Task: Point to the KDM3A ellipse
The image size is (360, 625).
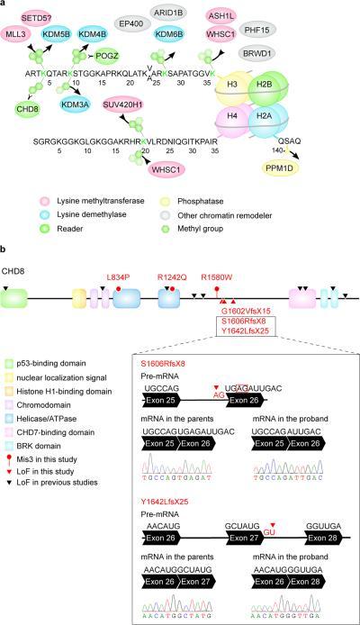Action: [x=76, y=104]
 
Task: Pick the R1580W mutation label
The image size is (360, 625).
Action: [x=217, y=276]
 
